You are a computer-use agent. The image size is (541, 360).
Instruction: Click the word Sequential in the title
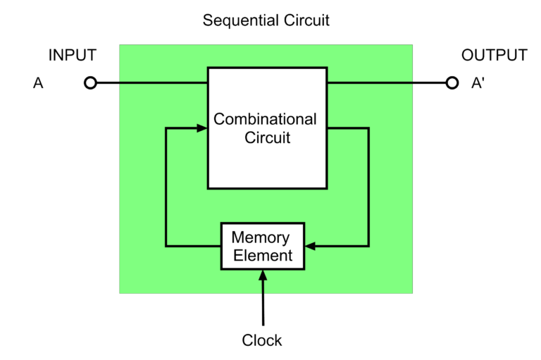coord(241,20)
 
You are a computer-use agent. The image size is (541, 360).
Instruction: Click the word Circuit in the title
coord(306,20)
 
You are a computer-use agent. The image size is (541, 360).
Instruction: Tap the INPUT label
coord(73,55)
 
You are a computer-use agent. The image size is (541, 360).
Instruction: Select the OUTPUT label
coord(495,55)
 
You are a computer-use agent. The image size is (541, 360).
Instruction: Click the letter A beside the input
coord(38,83)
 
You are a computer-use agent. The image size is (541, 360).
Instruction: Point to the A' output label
coord(478,83)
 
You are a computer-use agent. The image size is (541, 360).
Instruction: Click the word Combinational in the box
coord(265,120)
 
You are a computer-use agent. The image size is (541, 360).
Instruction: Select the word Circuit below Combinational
coord(268,137)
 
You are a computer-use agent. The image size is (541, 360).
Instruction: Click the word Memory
coord(261,238)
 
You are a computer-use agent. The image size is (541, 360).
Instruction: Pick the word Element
coord(263,256)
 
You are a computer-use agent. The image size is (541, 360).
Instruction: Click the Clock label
coord(262,340)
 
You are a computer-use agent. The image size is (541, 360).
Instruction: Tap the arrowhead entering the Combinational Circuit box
coord(202,128)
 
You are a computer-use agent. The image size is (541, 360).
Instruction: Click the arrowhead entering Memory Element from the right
coord(310,246)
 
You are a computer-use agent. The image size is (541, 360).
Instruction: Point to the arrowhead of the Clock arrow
coord(263,275)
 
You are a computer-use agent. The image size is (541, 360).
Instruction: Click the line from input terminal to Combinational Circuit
coord(152,83)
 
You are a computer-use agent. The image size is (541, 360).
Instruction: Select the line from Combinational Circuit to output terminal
coord(387,83)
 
